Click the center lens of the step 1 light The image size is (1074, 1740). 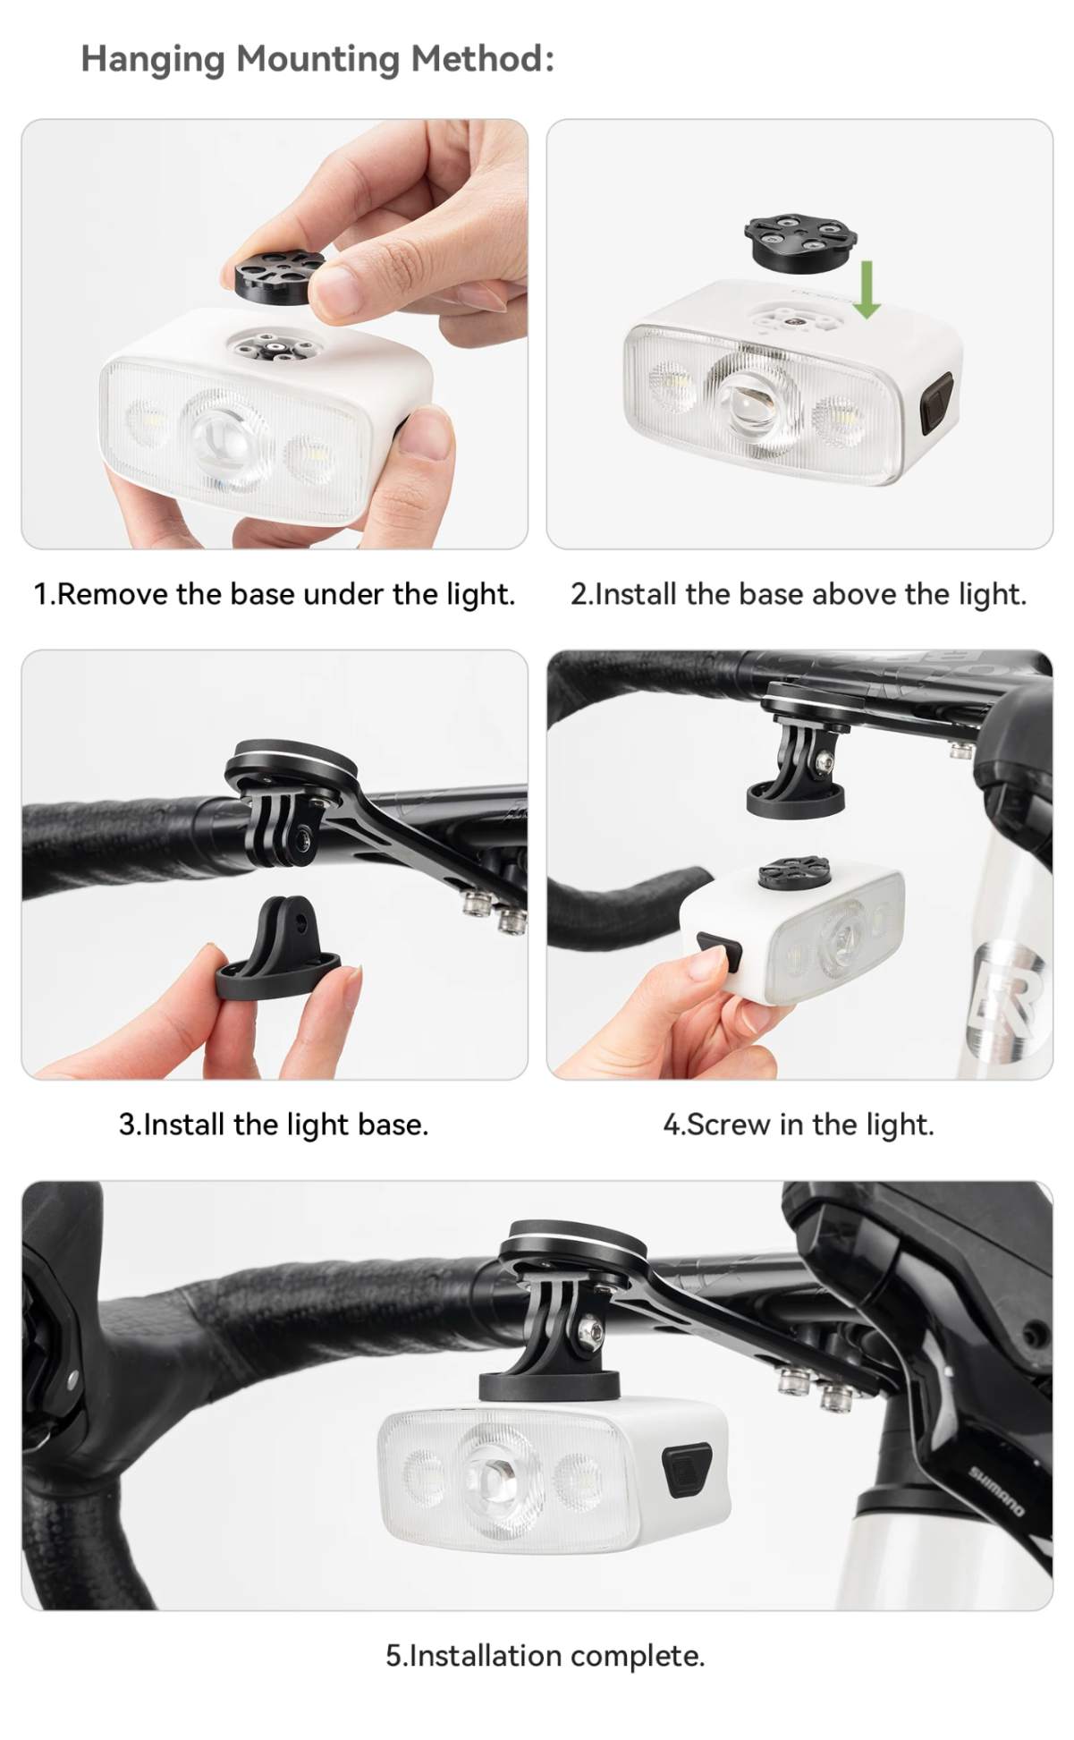pos(222,438)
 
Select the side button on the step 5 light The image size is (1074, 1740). pos(687,1469)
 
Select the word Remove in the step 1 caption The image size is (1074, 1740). pos(113,594)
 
